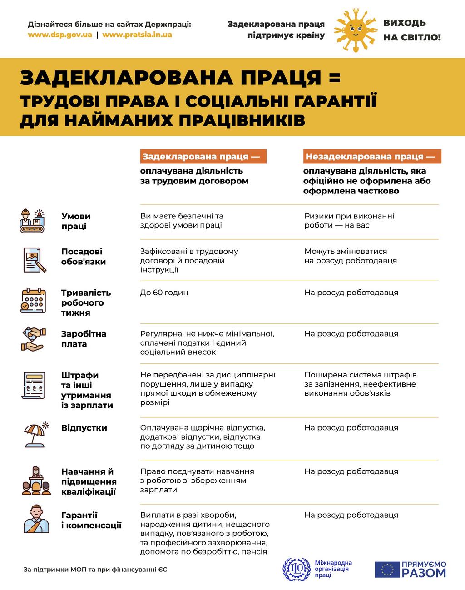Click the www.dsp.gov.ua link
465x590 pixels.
point(60,35)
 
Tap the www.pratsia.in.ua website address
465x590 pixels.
point(137,35)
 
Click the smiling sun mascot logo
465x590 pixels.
point(355,30)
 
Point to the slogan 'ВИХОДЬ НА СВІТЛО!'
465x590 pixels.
point(411,30)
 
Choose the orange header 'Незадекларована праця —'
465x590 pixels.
point(372,157)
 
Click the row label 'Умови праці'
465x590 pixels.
point(76,221)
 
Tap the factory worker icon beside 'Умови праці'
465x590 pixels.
point(33,221)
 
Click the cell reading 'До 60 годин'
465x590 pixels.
point(164,293)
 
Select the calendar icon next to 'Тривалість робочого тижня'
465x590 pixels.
point(33,301)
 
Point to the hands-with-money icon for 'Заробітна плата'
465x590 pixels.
point(33,339)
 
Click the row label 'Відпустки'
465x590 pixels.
point(84,428)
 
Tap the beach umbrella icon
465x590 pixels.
point(35,434)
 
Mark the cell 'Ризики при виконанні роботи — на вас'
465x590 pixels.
point(349,221)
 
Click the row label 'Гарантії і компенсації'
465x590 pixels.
point(91,521)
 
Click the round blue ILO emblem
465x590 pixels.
point(297,569)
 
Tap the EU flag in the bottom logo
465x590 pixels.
point(387,570)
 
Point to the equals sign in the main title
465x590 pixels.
point(334,78)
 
